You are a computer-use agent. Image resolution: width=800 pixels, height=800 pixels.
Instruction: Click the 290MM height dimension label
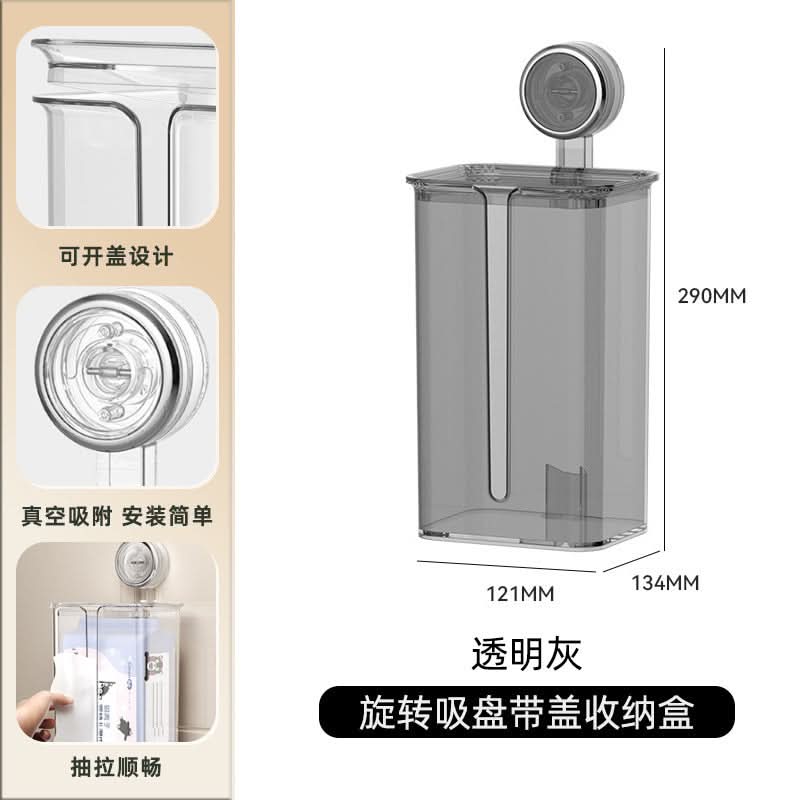pyautogui.click(x=711, y=296)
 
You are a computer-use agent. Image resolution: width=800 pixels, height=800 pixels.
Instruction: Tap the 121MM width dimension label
pyautogui.click(x=520, y=594)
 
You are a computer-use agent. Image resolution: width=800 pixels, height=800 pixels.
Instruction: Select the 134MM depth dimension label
pyautogui.click(x=665, y=583)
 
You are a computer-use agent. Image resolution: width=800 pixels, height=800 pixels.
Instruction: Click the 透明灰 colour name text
pyautogui.click(x=526, y=654)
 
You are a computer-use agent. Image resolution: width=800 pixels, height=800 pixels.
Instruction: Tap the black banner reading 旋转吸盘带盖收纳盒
pyautogui.click(x=527, y=712)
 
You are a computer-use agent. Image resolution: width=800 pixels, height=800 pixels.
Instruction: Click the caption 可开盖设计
pyautogui.click(x=116, y=256)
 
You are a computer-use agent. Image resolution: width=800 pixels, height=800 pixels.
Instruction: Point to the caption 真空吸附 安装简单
pyautogui.click(x=117, y=516)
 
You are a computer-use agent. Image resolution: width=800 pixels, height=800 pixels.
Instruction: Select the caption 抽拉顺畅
pyautogui.click(x=116, y=767)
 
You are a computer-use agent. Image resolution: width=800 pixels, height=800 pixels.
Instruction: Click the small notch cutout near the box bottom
pyautogui.click(x=565, y=492)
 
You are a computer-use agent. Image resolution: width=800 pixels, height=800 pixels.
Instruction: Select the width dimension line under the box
pyautogui.click(x=507, y=566)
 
